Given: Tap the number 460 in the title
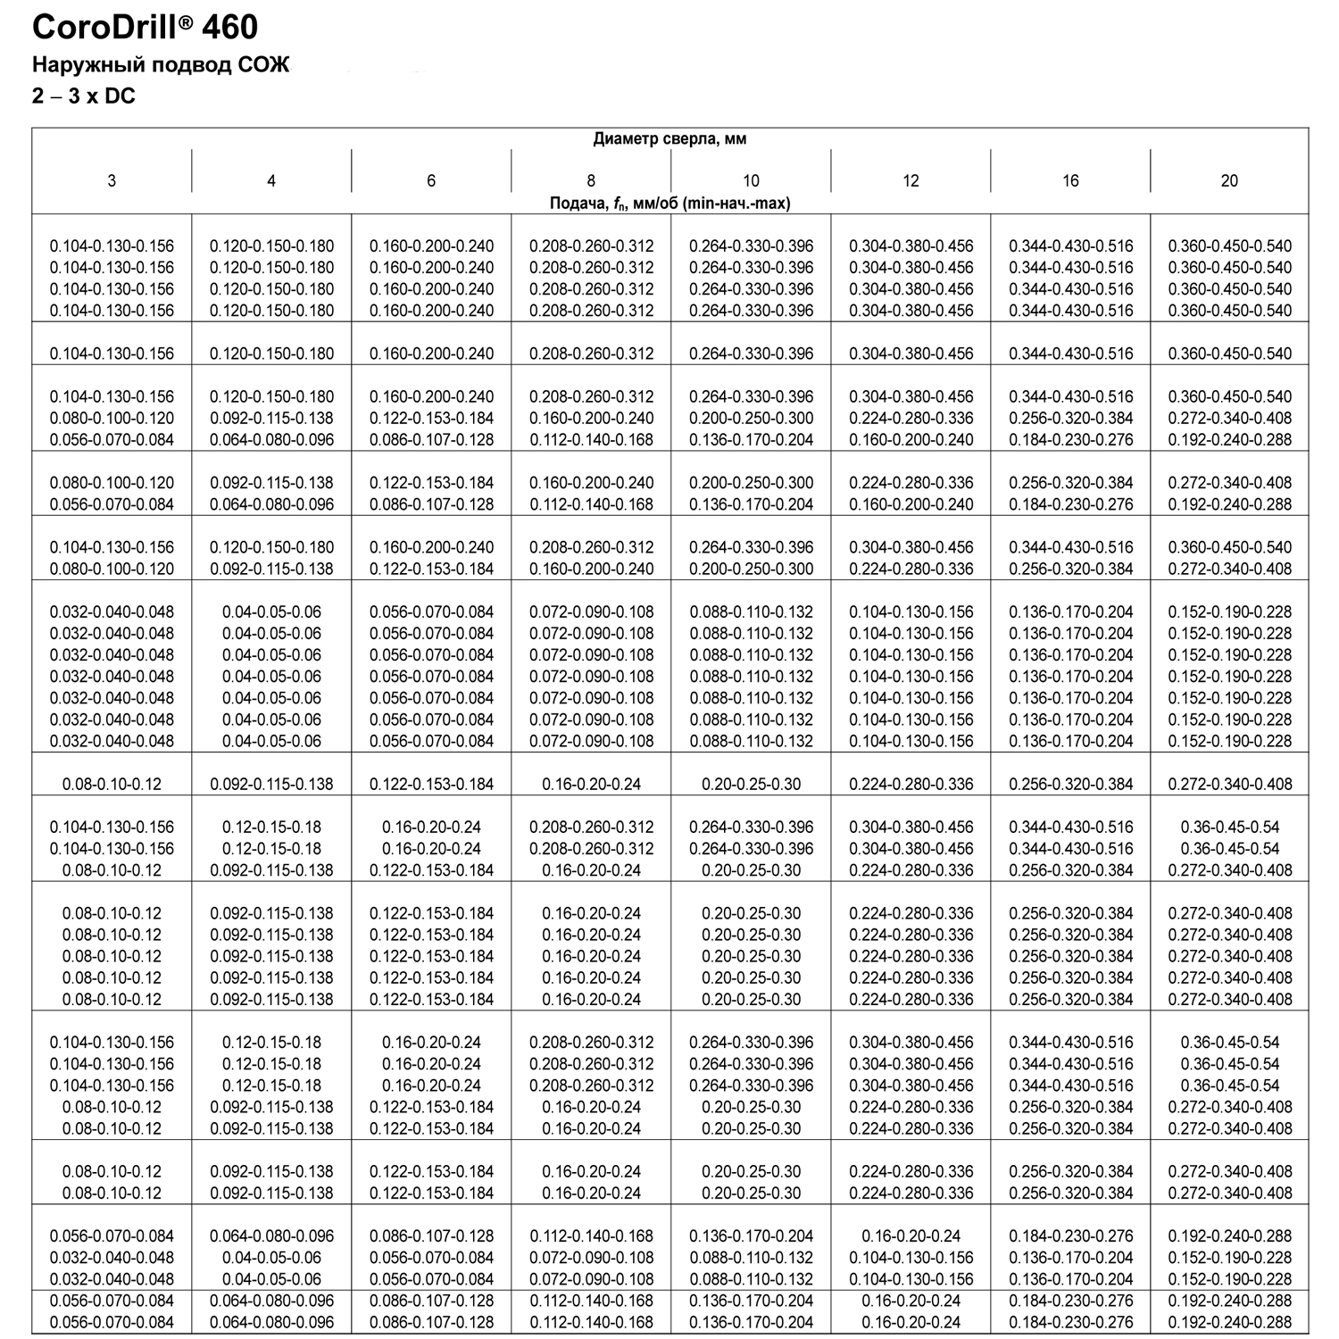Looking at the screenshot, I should coord(229,28).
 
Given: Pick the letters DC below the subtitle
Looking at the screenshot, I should coord(120,96).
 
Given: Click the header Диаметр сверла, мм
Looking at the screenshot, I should coord(669,138).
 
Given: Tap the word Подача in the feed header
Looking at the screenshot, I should coord(577,204).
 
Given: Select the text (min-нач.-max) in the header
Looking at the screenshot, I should coord(735,204).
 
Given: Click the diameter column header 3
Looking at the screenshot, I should coord(112,180).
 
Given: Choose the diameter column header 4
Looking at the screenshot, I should coord(271,180).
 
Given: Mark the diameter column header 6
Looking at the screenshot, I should coord(431,180).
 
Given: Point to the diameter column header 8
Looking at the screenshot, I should coord(591,180).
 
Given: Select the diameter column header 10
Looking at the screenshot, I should coord(751,180).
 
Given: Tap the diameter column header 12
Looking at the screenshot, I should coord(911,180).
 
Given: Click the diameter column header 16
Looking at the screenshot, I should coord(1070,180).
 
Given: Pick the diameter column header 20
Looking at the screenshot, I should coord(1229,180).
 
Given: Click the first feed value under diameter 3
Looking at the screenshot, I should coord(112,245).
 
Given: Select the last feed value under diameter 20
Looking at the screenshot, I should coord(1229,1322).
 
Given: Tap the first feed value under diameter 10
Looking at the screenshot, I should coord(751,245).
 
